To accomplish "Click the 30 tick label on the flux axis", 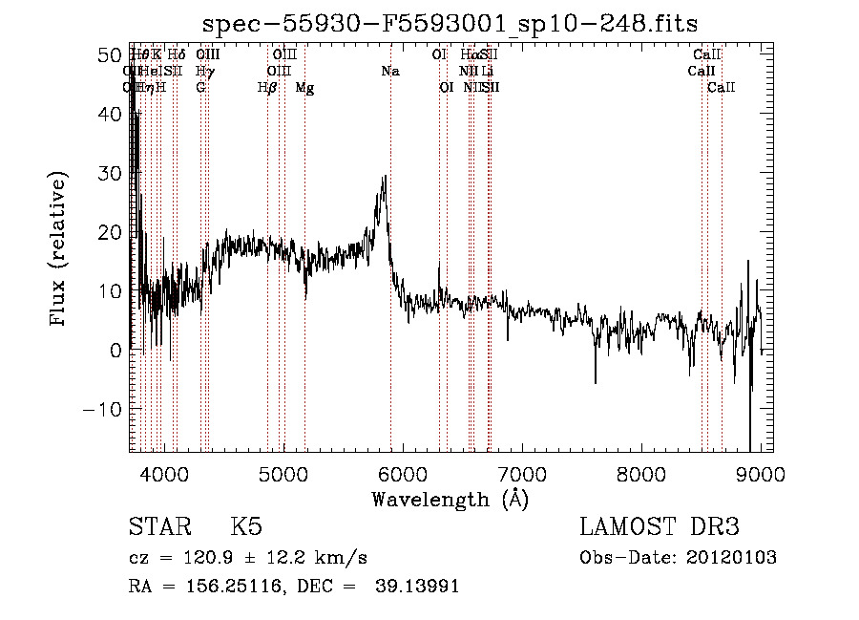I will pyautogui.click(x=111, y=173).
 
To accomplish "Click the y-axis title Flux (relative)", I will pyautogui.click(x=59, y=249).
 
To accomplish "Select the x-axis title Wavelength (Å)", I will pyautogui.click(x=450, y=499).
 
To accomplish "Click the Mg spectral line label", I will pyautogui.click(x=304, y=88).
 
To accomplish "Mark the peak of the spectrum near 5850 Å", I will pyautogui.click(x=384, y=177).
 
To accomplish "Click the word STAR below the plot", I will pyautogui.click(x=158, y=527).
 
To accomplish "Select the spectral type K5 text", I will pyautogui.click(x=246, y=527).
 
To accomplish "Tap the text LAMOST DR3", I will pyautogui.click(x=660, y=527).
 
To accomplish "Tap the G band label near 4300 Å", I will pyautogui.click(x=201, y=88).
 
